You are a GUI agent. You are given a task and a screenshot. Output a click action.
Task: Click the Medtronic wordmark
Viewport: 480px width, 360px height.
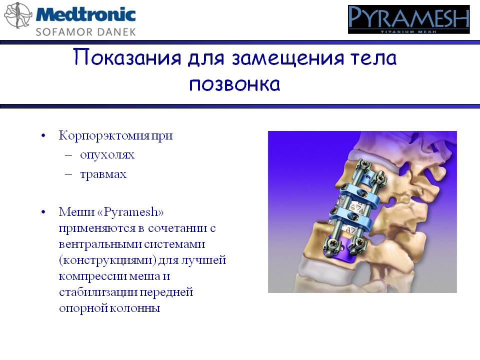tap(85, 14)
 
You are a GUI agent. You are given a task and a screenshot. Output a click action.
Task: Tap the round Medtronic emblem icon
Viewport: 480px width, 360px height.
tap(18, 15)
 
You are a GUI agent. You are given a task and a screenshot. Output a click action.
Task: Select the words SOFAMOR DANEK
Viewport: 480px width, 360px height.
tap(85, 32)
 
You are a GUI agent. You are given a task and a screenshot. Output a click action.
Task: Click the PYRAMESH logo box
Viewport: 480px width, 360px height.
tap(408, 19)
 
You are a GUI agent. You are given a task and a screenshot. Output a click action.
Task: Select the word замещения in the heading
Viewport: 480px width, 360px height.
tap(288, 58)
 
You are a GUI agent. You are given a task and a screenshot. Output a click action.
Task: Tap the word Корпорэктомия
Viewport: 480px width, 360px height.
tap(103, 135)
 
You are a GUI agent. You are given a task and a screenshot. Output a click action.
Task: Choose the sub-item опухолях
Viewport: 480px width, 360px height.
tap(107, 155)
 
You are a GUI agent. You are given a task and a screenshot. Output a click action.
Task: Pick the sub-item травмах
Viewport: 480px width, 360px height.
tap(103, 174)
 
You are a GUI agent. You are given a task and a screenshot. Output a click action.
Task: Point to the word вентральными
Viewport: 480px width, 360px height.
tap(100, 244)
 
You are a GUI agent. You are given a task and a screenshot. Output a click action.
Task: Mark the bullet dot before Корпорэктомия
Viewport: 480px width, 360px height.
tap(43, 135)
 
